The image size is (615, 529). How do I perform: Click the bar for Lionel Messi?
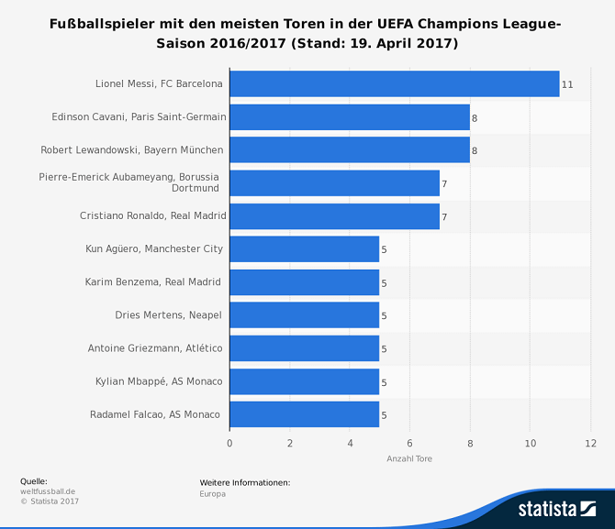394,83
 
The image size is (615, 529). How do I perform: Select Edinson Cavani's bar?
349,117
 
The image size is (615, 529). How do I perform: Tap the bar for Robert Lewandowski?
349,149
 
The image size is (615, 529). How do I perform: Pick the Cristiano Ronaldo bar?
334,216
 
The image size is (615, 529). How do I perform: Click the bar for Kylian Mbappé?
304,381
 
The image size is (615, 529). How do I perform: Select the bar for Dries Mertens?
304,315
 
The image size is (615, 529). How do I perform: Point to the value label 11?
567,84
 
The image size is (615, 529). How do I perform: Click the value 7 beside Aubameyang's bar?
444,184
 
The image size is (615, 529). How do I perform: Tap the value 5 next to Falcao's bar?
384,415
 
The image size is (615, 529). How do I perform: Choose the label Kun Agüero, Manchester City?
154,248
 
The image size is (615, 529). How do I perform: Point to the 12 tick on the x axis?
590,444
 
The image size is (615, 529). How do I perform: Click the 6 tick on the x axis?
409,444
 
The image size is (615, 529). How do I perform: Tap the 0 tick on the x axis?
229,444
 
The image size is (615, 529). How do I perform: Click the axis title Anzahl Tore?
409,458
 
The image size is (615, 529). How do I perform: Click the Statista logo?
556,508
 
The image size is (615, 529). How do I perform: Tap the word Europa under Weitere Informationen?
212,493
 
